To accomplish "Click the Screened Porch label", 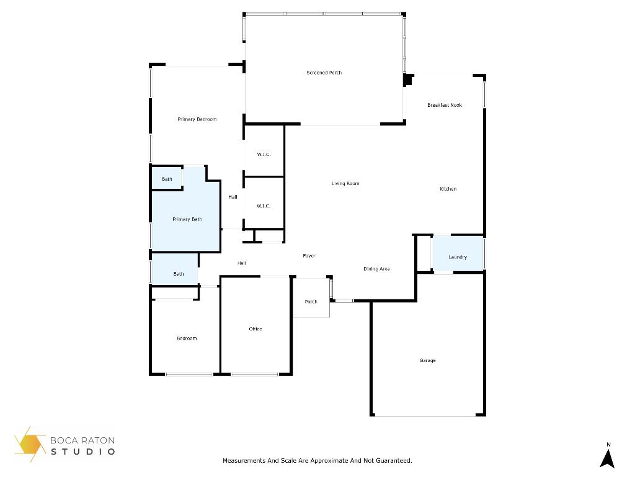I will point(324,73).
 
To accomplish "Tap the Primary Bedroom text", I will point(197,119).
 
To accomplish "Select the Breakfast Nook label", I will point(445,106).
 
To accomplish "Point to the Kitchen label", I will point(448,189).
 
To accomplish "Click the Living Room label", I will point(345,183).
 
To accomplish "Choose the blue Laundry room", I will point(458,257).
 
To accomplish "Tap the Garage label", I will point(427,360).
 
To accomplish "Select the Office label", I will point(255,329).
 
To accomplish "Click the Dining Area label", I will point(376,269).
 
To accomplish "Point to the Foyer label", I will point(309,256).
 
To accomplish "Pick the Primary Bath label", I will point(187,219).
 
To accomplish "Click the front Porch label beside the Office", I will point(311,302).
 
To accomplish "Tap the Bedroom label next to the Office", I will point(187,338).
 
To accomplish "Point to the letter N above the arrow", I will point(608,444).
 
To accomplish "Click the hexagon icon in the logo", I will point(30,445).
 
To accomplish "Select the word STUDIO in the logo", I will point(83,452).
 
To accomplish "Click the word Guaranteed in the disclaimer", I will point(393,461).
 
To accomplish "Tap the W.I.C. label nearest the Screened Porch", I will point(264,154).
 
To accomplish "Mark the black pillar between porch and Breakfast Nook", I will point(408,80).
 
